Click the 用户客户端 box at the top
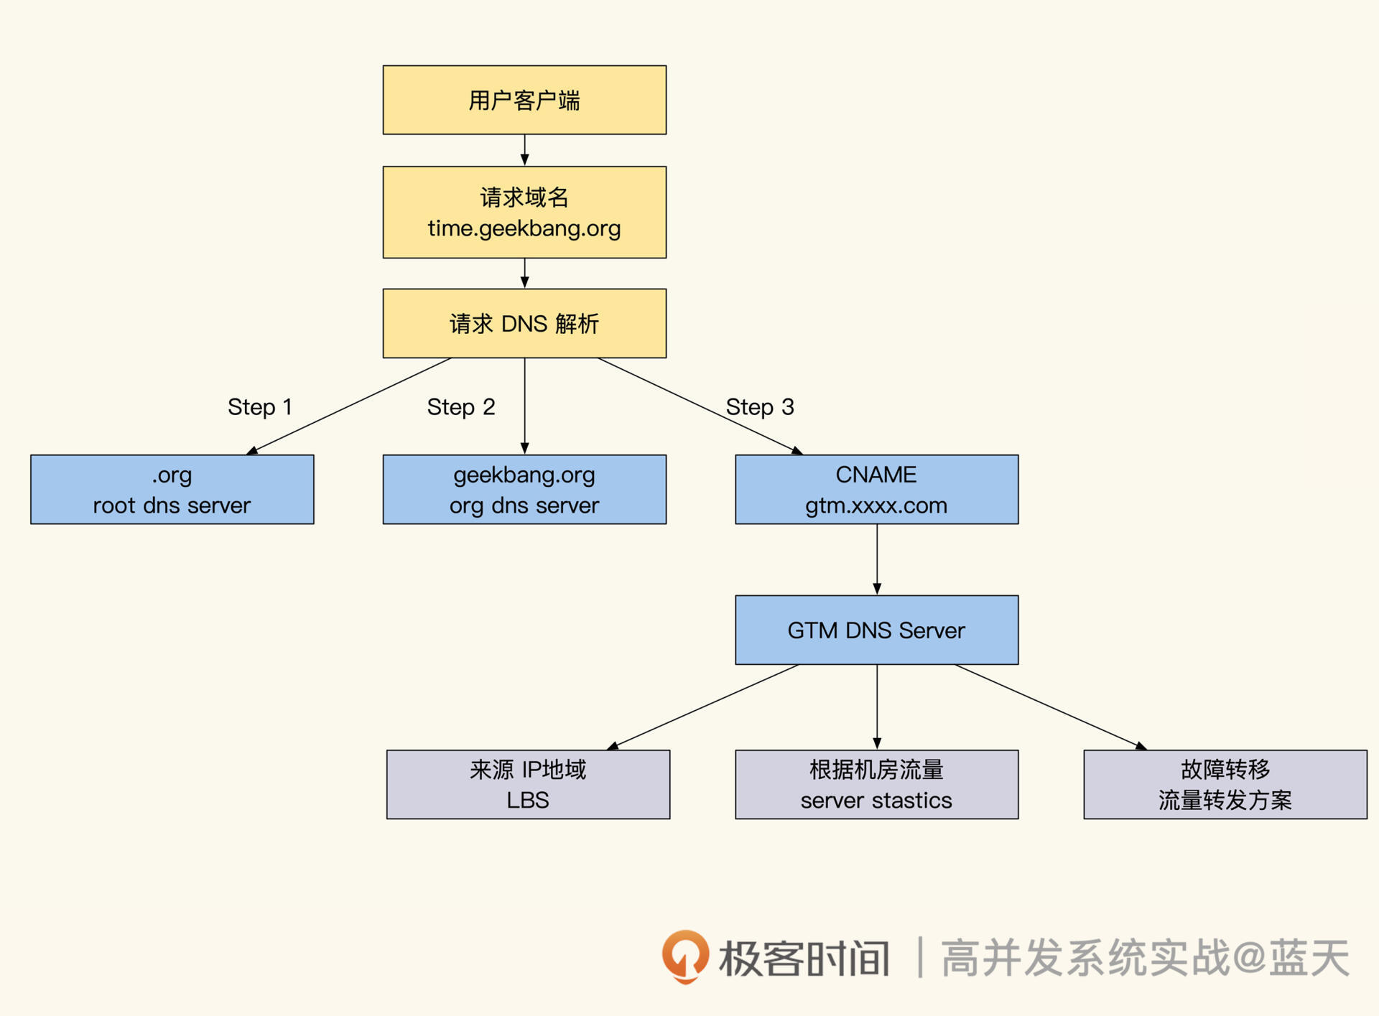pos(524,100)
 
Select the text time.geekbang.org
pos(524,228)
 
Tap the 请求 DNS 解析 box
pos(524,323)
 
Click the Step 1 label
pos(260,407)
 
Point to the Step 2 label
pos(461,407)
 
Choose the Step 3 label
pos(760,407)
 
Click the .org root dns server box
pos(172,490)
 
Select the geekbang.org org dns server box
pos(524,490)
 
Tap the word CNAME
pos(876,475)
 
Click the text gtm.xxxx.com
pos(876,505)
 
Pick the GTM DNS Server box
pos(876,630)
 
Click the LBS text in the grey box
pos(528,800)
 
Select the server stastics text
pos(876,800)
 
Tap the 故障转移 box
pos(1225,784)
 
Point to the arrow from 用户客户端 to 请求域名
pos(525,149)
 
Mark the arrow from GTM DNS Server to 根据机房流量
pos(877,707)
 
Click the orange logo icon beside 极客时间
pos(685,956)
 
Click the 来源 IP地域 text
pos(528,770)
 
